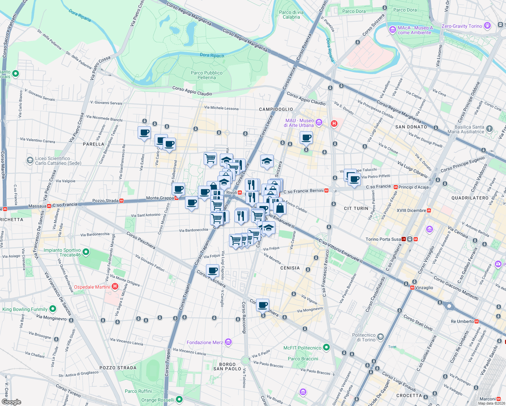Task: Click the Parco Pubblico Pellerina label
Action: pyautogui.click(x=206, y=75)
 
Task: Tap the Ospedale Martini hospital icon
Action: pyautogui.click(x=115, y=287)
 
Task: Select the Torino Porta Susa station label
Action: pyautogui.click(x=383, y=239)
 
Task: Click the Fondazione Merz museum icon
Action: pyautogui.click(x=228, y=342)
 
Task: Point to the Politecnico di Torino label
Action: pyautogui.click(x=364, y=337)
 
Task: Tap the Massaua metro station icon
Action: pyautogui.click(x=49, y=206)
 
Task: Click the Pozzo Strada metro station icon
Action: pyautogui.click(x=121, y=201)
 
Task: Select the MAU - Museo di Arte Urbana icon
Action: pyautogui.click(x=319, y=122)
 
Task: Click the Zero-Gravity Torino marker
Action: pyautogui.click(x=487, y=26)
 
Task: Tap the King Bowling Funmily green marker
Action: pyautogui.click(x=53, y=309)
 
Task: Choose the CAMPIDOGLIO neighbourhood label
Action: pyautogui.click(x=276, y=109)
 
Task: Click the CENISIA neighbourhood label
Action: pyautogui.click(x=290, y=268)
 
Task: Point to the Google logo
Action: pyautogui.click(x=11, y=402)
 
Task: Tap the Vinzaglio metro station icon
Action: pyautogui.click(x=412, y=288)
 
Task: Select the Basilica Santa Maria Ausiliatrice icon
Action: pyautogui.click(x=489, y=129)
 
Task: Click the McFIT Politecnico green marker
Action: pyautogui.click(x=326, y=347)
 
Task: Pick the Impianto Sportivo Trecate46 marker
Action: pyautogui.click(x=86, y=252)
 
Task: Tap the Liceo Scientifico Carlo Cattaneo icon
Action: pyautogui.click(x=30, y=160)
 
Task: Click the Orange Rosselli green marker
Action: pyautogui.click(x=179, y=400)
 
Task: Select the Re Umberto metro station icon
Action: pyautogui.click(x=477, y=321)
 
